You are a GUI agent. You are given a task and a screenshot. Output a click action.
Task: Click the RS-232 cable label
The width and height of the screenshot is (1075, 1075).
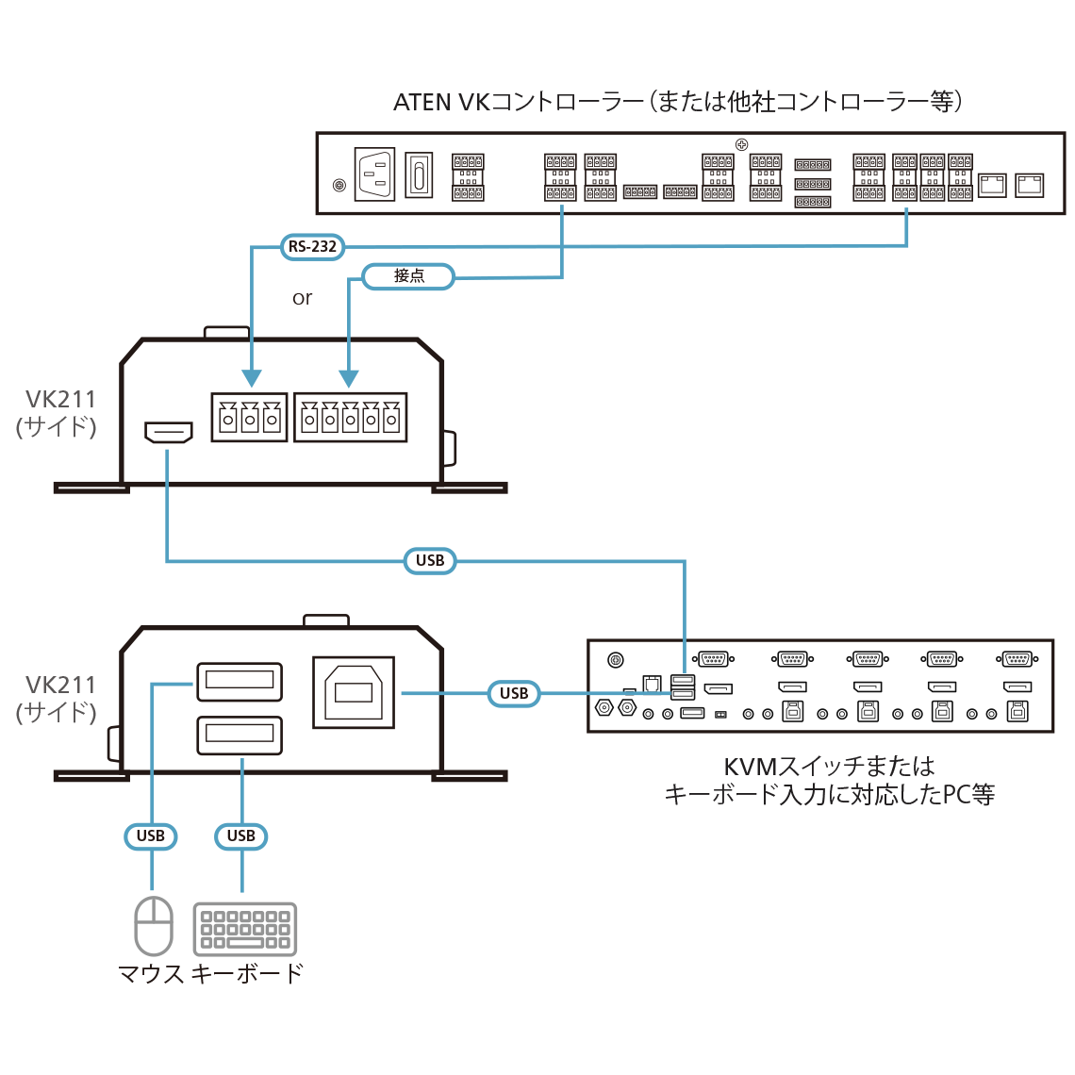point(312,247)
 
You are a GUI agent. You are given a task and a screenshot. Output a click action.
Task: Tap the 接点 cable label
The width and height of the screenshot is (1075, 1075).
point(409,276)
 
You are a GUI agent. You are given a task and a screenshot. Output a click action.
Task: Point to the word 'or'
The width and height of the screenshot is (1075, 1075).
point(302,299)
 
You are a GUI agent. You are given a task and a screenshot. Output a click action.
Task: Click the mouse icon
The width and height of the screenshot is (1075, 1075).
point(153,925)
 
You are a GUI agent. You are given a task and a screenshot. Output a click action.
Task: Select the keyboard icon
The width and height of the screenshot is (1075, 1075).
point(245,929)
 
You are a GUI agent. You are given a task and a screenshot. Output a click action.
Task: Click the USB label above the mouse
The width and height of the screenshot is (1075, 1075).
point(151,836)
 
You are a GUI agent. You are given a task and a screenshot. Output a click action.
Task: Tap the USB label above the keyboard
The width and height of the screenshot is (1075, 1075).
point(241,836)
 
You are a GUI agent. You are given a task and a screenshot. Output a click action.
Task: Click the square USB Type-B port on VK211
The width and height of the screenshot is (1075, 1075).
point(354,693)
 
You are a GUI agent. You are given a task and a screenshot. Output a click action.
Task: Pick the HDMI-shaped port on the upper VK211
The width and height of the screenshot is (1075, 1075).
point(169,433)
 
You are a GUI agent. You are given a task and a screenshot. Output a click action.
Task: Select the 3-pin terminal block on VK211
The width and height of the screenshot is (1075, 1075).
point(249,417)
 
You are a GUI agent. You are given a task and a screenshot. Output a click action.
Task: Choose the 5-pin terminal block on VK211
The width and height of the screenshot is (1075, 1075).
point(350,417)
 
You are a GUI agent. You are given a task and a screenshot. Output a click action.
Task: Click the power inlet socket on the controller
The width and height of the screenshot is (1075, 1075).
point(374,175)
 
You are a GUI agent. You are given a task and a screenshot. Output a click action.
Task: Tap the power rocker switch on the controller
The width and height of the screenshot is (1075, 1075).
point(419,175)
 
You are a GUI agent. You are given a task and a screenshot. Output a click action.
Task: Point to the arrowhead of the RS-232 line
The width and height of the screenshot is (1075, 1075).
point(251,379)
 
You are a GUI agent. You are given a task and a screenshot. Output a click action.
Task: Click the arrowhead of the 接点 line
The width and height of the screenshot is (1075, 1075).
point(349,379)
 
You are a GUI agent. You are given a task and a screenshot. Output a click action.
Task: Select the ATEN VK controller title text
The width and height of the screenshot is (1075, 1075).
point(677,102)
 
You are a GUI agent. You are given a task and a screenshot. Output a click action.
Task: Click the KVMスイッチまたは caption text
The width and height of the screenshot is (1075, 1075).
point(829,767)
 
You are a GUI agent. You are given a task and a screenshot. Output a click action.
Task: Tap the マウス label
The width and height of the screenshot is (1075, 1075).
point(151,973)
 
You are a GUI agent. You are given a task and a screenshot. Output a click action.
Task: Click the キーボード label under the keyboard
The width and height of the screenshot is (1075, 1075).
point(247,973)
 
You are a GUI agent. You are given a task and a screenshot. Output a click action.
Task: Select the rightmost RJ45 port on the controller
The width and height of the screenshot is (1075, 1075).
point(1029,184)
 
